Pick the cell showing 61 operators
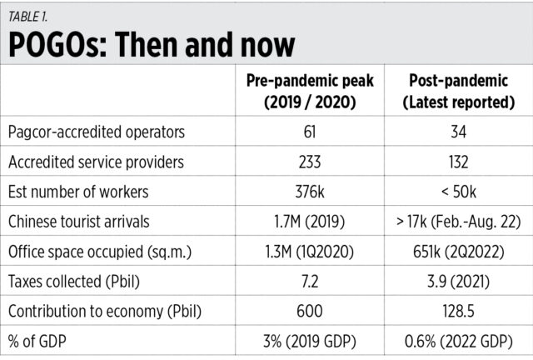coord(297,132)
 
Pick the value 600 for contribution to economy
coord(297,313)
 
